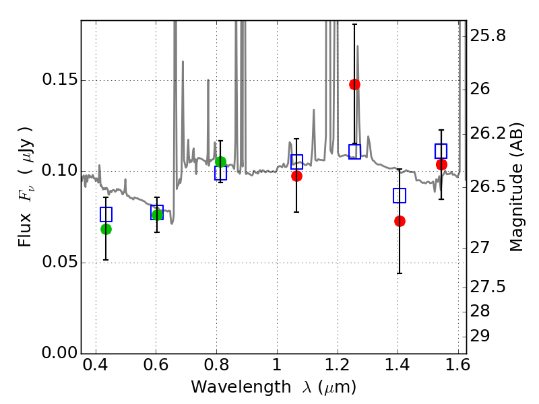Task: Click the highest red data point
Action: click(355, 84)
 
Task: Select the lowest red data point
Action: click(400, 221)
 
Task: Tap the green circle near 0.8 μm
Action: click(221, 162)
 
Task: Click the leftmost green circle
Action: click(106, 229)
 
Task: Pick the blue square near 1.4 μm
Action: click(400, 195)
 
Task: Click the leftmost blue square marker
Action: click(106, 214)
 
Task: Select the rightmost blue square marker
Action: click(441, 151)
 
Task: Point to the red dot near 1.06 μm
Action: click(296, 176)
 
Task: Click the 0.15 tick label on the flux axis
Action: click(59, 79)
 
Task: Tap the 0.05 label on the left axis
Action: click(59, 262)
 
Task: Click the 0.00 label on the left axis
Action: click(59, 353)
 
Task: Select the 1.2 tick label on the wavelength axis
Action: click(338, 365)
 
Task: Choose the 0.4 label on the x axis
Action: click(95, 365)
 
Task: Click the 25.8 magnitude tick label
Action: click(488, 36)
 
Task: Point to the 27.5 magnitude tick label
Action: click(488, 287)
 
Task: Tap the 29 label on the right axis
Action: click(480, 336)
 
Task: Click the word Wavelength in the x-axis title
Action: click(241, 387)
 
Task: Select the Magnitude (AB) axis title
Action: click(516, 187)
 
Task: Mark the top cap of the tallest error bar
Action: click(355, 24)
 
